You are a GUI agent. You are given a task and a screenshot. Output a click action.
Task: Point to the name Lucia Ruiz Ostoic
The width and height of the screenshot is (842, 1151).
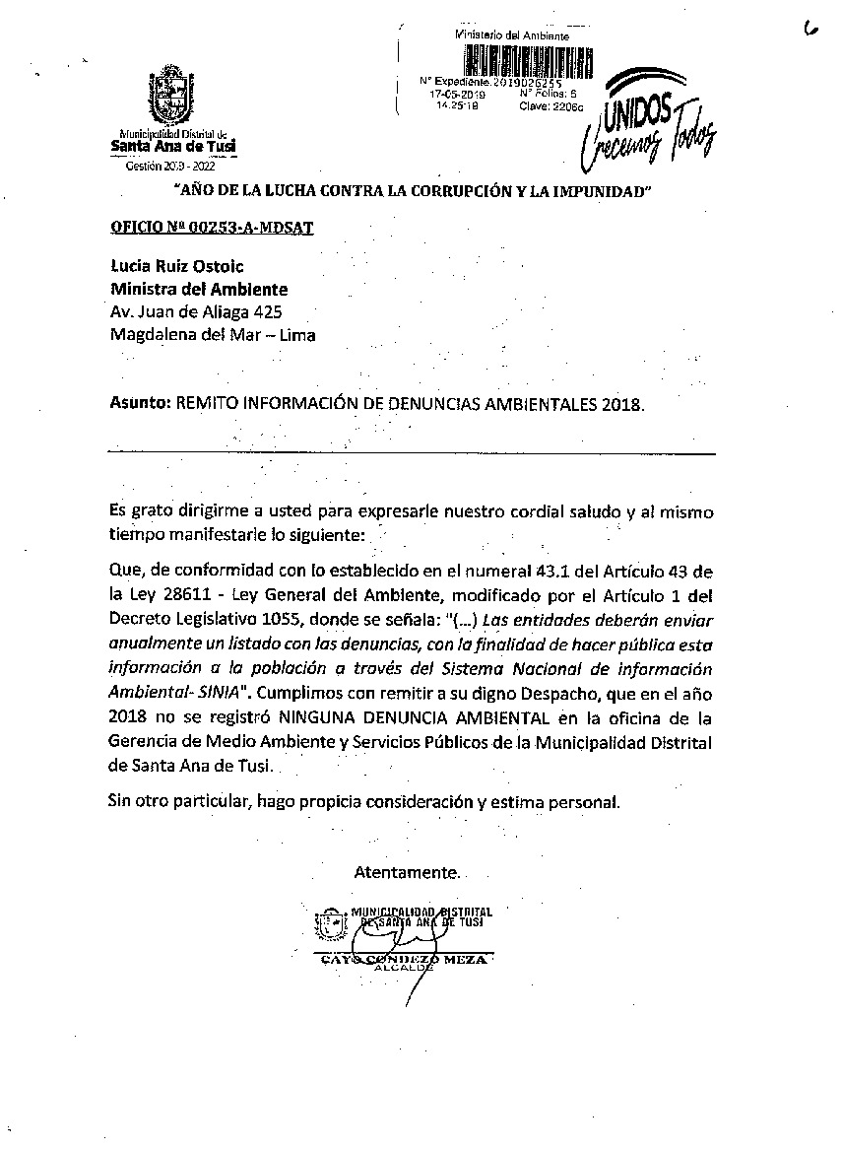[177, 266]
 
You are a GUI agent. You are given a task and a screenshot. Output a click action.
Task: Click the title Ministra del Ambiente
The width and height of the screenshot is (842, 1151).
[199, 289]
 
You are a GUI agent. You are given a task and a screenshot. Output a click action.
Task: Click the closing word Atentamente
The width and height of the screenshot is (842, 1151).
[406, 873]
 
